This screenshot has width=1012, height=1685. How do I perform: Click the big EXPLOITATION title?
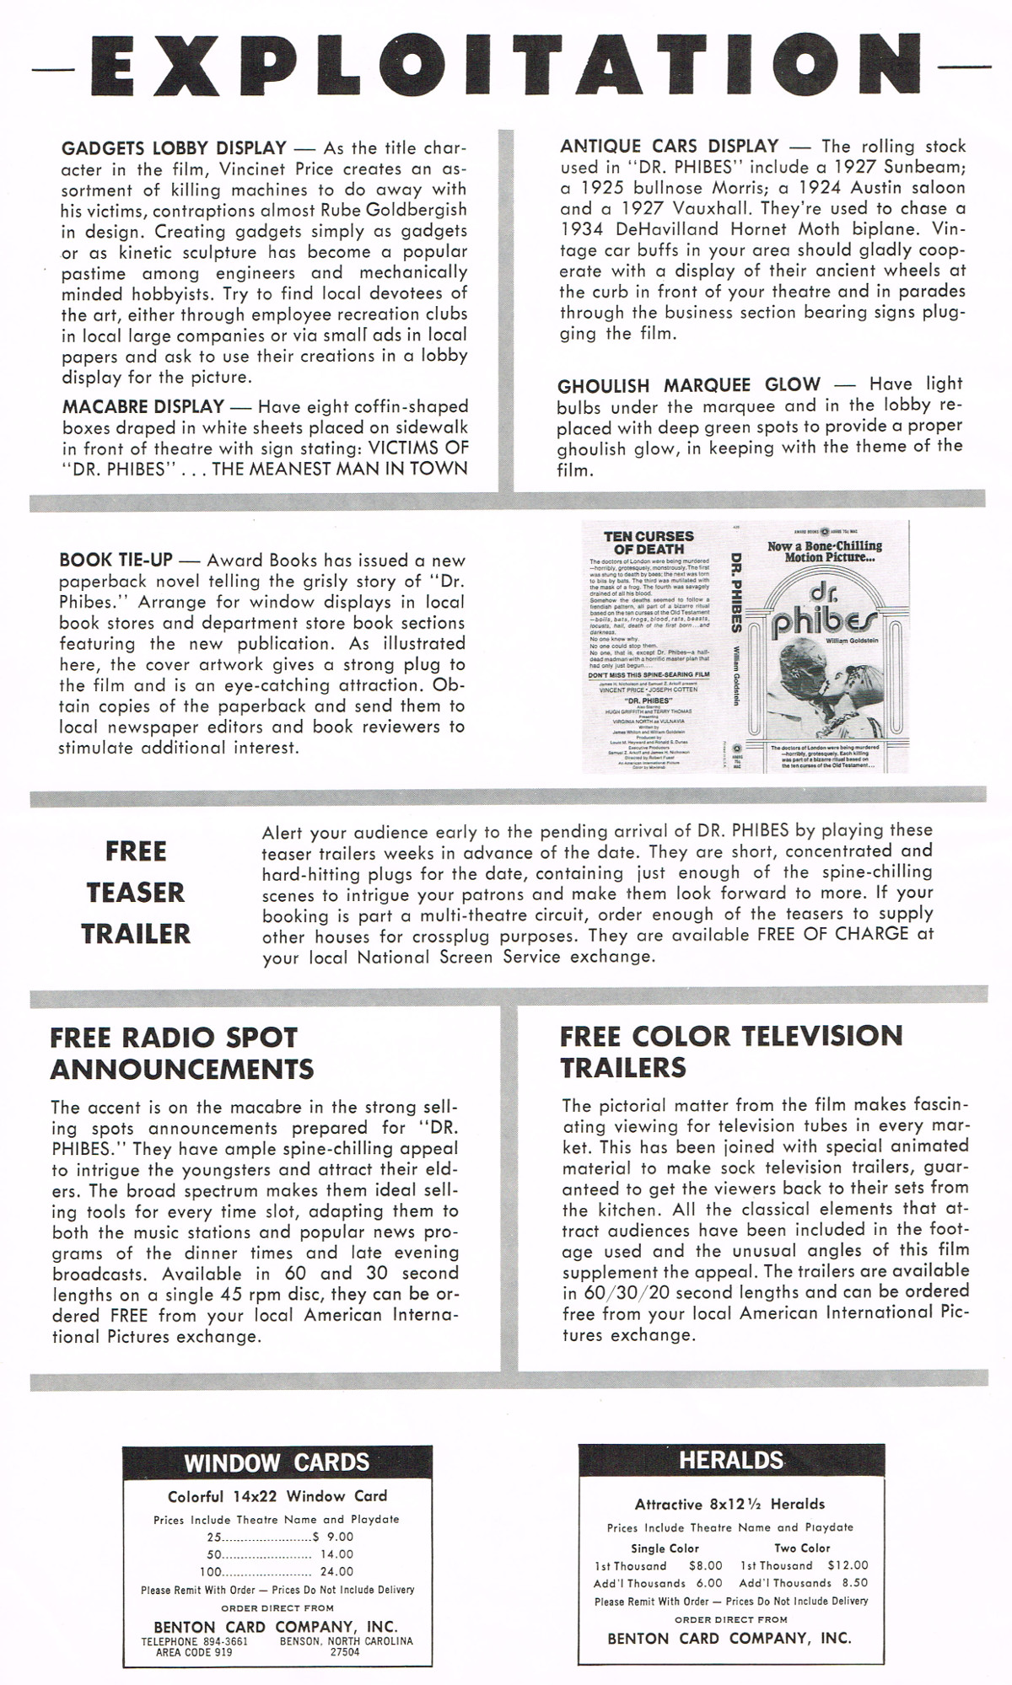coord(506,66)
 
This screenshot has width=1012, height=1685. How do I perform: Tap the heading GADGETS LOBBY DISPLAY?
coord(174,148)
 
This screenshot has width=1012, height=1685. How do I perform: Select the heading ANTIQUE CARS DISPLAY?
coord(669,147)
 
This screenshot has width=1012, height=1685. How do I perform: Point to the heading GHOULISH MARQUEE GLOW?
coord(688,385)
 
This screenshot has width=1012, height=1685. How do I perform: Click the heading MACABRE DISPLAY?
coord(143,406)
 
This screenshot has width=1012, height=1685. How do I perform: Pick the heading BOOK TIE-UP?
coord(116,560)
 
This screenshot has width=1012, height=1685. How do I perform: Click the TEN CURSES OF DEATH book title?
coord(649,543)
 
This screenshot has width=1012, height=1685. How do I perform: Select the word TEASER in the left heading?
coord(136,892)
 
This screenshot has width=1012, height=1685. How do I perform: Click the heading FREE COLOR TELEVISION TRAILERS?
coord(730,1051)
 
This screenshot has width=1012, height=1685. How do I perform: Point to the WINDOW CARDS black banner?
coord(277,1462)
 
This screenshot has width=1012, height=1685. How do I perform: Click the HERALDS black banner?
coord(731,1460)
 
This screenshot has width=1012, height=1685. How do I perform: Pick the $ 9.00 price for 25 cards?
coord(333,1537)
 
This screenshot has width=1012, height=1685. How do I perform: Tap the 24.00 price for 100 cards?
coord(336,1571)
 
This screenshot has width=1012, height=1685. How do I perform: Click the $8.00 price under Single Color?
coord(705,1565)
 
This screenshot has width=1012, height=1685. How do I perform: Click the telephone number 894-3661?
coord(225,1641)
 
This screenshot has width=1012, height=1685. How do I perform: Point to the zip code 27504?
coord(345,1652)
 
